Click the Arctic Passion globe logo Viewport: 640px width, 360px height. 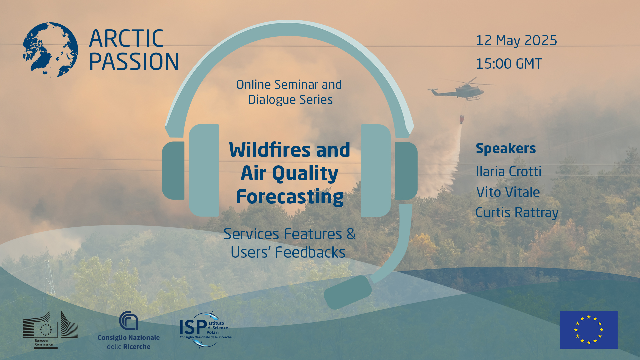50,50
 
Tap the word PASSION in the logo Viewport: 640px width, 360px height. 134,62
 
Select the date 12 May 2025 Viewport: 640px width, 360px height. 516,40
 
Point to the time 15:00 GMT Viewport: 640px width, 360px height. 509,64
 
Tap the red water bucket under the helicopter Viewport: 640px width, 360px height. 462,119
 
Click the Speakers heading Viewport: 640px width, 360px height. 506,149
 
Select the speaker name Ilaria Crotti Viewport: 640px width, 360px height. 509,172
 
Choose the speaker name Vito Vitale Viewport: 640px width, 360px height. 508,192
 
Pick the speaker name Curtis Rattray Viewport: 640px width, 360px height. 517,213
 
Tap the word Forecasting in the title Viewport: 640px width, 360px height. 290,197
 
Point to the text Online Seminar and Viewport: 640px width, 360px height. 289,85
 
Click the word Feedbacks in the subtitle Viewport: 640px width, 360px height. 310,252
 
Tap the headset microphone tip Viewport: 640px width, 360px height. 348,292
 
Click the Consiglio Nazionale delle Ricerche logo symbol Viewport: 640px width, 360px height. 129,321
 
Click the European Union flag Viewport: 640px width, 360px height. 589,330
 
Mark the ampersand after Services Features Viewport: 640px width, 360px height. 351,234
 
